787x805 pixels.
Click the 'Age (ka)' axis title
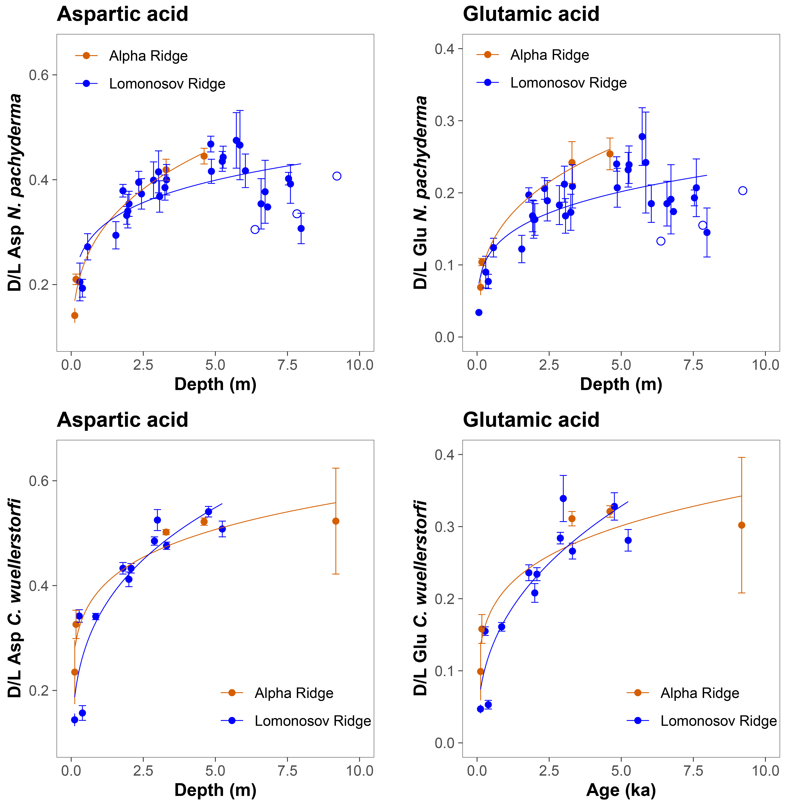(x=621, y=790)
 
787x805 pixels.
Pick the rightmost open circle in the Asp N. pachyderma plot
(x=337, y=176)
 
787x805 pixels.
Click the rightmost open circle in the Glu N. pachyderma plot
(x=743, y=191)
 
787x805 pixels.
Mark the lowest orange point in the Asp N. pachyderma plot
(x=75, y=315)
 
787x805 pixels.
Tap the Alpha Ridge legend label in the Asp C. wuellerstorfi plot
(x=294, y=693)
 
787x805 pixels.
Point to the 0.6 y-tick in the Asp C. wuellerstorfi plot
(x=38, y=481)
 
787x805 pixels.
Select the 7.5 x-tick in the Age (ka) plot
(x=693, y=771)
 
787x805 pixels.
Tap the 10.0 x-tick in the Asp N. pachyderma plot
(x=360, y=365)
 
